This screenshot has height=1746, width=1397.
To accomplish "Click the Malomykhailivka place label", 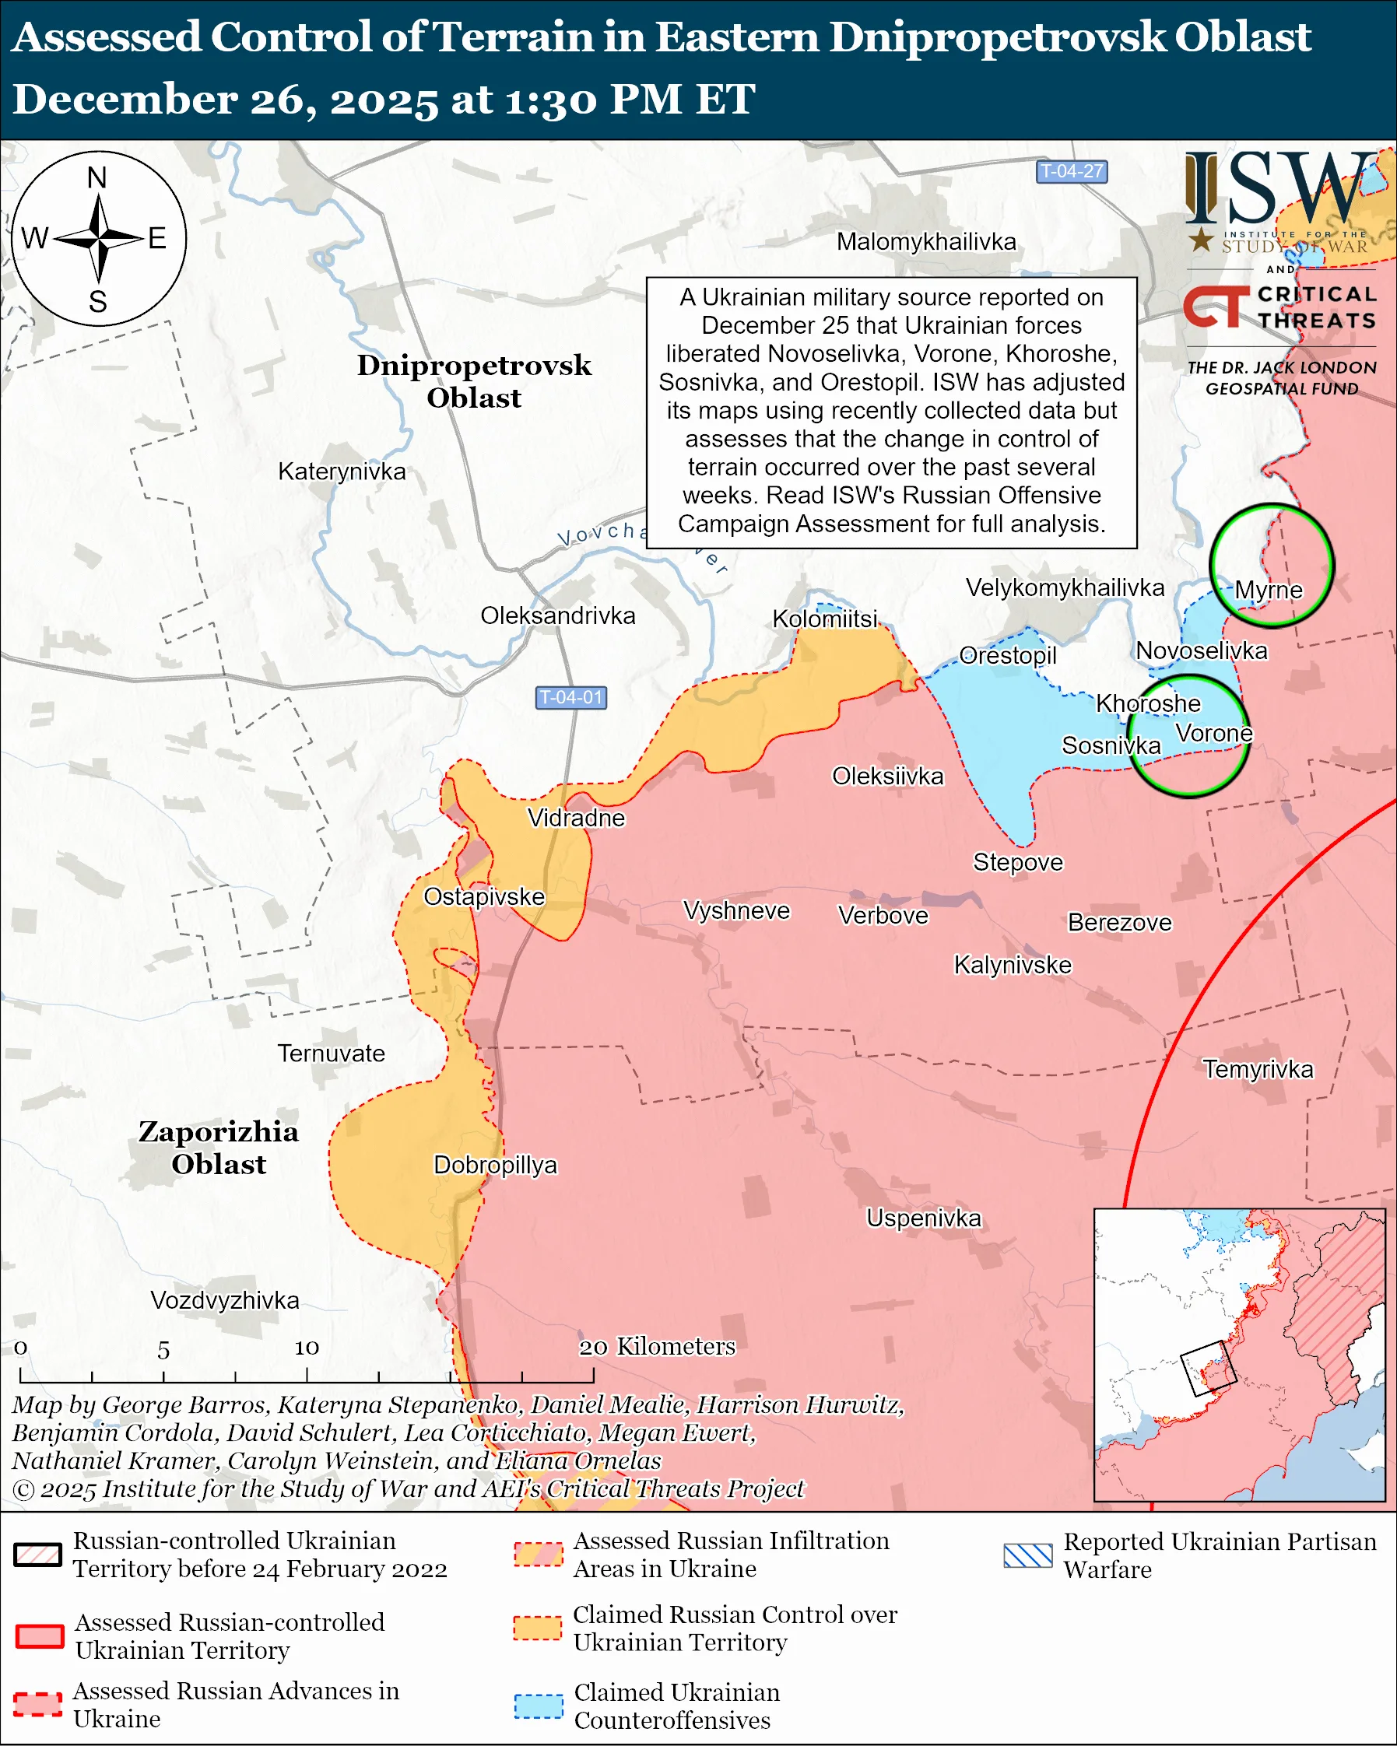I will coord(925,241).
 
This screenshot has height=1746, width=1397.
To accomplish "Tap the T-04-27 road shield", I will coord(1071,172).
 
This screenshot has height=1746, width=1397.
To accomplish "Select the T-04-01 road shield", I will coord(571,697).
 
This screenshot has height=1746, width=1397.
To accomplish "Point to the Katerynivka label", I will coord(342,472).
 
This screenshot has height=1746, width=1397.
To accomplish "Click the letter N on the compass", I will coord(97,177).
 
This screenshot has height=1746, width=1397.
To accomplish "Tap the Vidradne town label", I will coord(576,818).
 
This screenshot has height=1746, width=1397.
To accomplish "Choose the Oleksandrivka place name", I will coord(557,615).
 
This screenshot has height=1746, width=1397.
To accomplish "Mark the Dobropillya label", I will coord(495,1166).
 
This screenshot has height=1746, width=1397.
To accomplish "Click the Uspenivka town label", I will coord(923,1218).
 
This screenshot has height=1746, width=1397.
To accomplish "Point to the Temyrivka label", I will coord(1258,1069).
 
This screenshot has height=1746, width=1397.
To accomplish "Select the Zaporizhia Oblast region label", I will coord(219,1148).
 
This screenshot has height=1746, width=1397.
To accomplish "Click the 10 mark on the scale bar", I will coord(306,1348).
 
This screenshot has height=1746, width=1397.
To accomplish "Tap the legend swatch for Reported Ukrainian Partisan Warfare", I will coord(1027,1555).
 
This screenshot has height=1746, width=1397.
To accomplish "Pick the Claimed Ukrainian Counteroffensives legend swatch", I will coord(538,1706).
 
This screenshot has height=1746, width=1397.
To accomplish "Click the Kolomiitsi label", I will coord(824,619).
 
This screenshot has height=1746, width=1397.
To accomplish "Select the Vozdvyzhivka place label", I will coord(224,1301).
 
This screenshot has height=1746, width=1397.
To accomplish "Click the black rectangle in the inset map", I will coord(1209,1369).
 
